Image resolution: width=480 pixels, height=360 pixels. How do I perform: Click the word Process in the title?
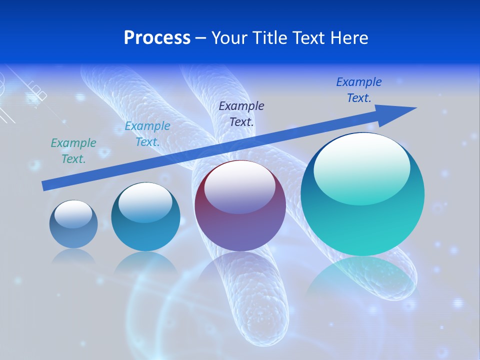(157, 38)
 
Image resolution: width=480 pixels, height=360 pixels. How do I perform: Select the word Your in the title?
(230, 38)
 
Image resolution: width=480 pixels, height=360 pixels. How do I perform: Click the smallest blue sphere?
(73, 224)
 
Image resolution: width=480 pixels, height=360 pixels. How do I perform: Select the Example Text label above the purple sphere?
(241, 113)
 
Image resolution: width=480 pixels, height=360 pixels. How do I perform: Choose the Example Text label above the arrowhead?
(359, 90)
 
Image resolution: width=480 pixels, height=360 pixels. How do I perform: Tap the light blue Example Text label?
(147, 134)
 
